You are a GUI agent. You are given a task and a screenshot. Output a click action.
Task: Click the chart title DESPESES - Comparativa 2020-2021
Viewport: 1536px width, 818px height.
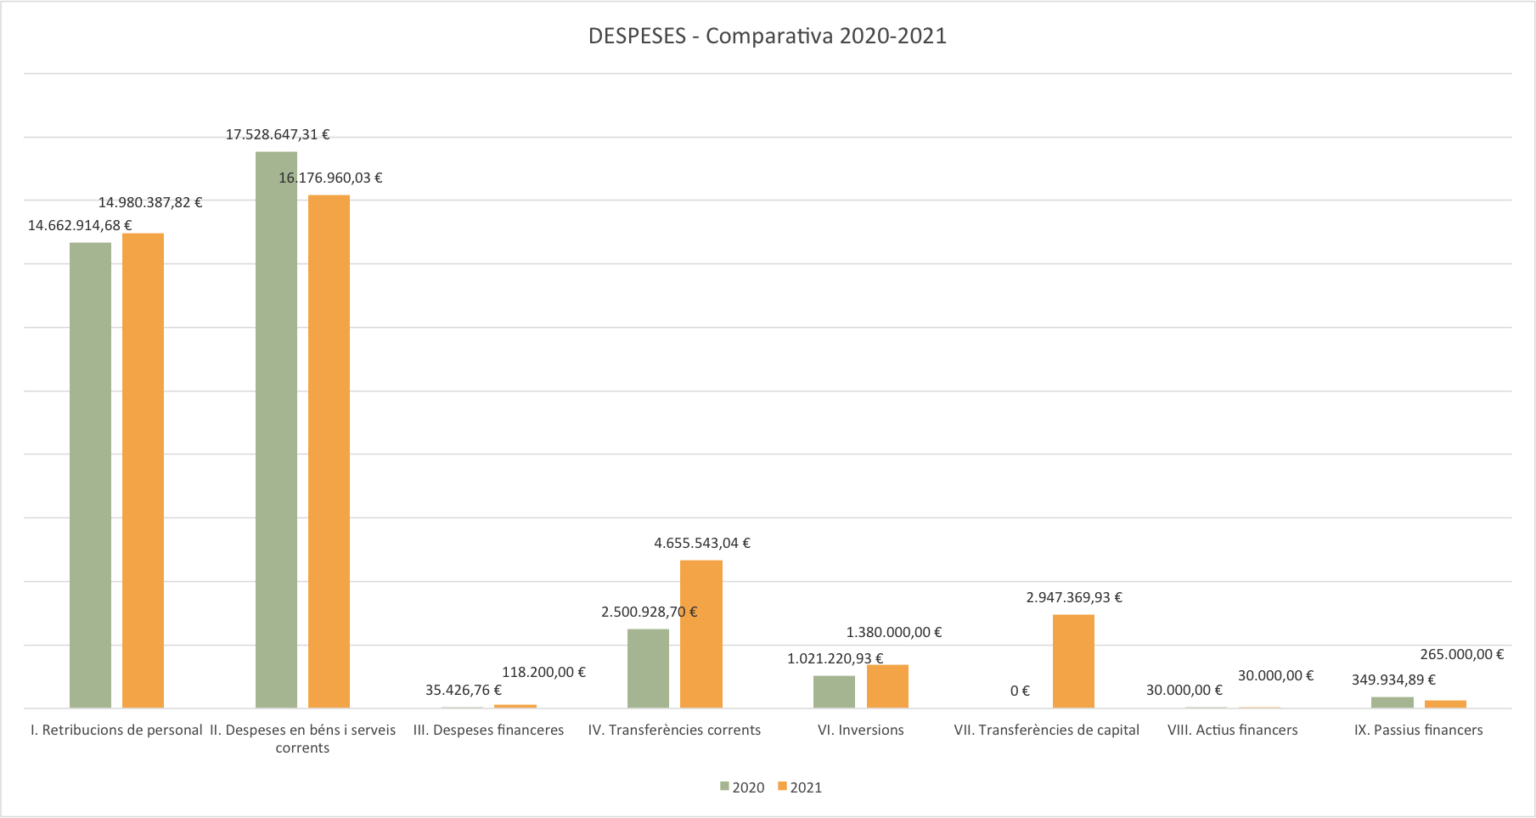coord(767,37)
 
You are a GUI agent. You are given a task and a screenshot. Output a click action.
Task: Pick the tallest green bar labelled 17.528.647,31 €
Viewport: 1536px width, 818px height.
coord(276,429)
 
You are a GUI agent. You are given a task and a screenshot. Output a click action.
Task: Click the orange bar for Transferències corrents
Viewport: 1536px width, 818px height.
coord(701,634)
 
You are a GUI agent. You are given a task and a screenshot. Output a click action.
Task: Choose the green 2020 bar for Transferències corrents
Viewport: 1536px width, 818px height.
coord(648,668)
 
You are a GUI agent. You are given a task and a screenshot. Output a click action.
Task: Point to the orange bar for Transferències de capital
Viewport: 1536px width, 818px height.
coord(1073,661)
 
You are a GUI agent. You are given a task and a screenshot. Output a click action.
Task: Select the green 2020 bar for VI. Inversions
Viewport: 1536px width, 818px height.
coord(834,691)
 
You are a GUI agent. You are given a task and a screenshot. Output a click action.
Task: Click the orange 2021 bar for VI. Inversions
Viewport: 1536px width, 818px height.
coord(887,686)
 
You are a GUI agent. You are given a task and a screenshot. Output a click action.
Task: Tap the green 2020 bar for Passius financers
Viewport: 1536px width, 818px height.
coord(1392,702)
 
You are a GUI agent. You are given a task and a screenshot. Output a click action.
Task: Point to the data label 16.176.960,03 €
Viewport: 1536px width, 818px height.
coord(330,178)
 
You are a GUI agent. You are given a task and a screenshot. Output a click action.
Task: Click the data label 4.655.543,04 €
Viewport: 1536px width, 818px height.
coord(702,544)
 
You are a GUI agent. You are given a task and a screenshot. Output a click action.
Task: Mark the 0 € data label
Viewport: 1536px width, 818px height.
coord(1020,691)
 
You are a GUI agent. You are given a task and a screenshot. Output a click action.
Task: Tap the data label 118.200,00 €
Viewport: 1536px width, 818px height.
coord(543,673)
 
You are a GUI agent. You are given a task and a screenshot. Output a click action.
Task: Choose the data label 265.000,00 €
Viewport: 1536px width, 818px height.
coord(1461,655)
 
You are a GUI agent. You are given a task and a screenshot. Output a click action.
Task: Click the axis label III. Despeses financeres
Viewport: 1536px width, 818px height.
coord(488,731)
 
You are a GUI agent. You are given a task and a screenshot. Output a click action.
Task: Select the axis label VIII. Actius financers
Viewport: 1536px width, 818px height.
coord(1232,731)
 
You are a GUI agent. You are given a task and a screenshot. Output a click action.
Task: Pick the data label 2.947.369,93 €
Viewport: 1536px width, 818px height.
coord(1074,598)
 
